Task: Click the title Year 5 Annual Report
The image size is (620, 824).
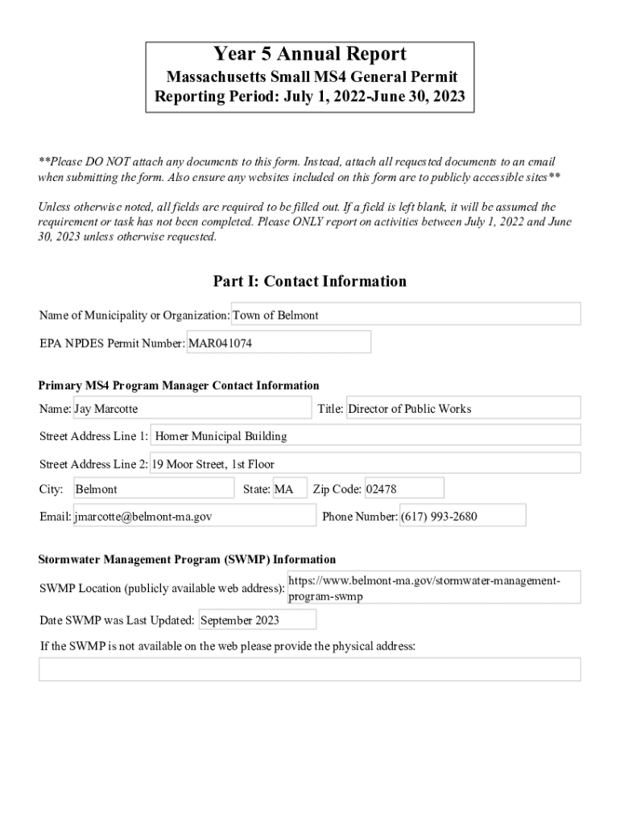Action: (309, 55)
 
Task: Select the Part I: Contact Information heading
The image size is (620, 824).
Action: (309, 281)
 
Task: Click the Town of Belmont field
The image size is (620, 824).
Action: (406, 315)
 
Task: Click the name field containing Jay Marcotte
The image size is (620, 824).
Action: (192, 409)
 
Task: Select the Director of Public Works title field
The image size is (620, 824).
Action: (463, 409)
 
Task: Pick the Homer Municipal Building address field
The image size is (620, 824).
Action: (366, 436)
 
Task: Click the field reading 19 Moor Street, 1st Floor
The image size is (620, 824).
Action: (366, 463)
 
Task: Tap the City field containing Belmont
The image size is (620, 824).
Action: (153, 489)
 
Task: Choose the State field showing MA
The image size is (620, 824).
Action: (290, 489)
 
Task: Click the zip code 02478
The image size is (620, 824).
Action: (403, 489)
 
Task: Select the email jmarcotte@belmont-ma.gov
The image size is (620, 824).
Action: (194, 517)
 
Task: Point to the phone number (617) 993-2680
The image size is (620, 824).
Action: (462, 517)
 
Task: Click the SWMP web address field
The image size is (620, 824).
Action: (433, 588)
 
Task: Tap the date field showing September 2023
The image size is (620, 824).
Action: (257, 620)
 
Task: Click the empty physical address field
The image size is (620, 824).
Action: (309, 669)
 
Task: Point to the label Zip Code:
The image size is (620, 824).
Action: (337, 489)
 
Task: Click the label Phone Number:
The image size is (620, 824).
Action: (359, 517)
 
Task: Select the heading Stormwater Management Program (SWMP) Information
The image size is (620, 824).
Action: (188, 559)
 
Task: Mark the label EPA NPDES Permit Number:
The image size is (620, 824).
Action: (112, 344)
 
